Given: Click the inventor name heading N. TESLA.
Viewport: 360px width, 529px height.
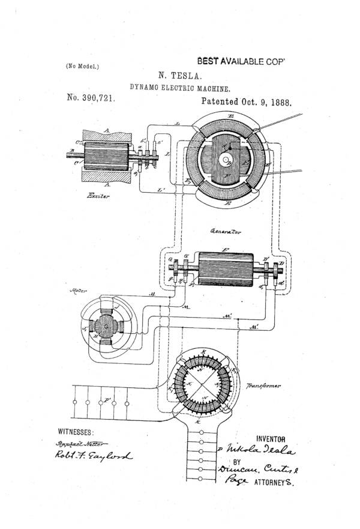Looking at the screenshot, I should click(181, 76).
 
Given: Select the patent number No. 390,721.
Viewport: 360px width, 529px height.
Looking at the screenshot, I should click(91, 98).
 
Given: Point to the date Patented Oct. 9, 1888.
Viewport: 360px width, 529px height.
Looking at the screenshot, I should click(246, 102).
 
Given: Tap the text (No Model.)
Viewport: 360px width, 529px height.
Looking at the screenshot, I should click(82, 67).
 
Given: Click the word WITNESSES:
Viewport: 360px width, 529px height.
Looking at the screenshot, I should click(76, 432).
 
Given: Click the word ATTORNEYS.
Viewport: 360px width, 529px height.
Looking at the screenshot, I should click(275, 482).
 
